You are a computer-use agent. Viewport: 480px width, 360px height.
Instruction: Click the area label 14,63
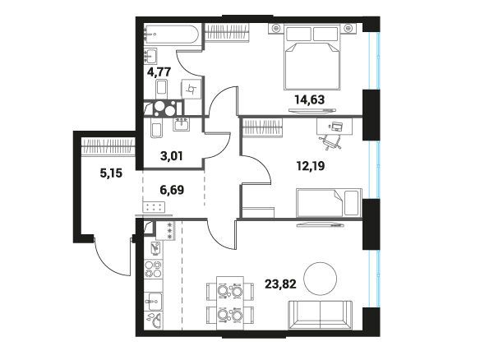coord(310,99)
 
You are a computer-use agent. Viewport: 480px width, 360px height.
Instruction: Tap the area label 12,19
coord(311,166)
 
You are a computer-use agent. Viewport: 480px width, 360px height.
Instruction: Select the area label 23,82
coord(280,284)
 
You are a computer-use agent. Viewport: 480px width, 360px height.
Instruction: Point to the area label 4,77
coord(159,72)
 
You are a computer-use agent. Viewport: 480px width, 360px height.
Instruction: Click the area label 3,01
coord(172,156)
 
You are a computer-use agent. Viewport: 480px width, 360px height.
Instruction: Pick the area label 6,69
coord(172,190)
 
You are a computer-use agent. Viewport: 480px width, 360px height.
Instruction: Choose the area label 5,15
coord(111,173)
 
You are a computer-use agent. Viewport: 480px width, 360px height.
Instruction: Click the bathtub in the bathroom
coord(172,35)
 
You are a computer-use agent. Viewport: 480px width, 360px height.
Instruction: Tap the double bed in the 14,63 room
coord(312,57)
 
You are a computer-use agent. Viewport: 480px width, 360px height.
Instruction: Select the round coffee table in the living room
coord(321,279)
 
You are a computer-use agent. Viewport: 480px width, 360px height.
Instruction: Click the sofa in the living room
coord(321,315)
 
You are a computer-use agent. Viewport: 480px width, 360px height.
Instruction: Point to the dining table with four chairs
coord(230,303)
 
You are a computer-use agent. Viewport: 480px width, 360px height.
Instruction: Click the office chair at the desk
coord(330,141)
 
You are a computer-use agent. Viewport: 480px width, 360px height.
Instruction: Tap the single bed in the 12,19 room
coord(329,203)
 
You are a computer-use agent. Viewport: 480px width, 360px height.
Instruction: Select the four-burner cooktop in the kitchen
coord(153,270)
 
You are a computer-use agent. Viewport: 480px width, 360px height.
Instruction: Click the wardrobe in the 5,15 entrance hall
coord(108,146)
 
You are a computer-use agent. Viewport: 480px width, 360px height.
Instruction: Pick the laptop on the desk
coord(336,126)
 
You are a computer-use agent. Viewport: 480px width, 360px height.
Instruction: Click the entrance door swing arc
coord(112,259)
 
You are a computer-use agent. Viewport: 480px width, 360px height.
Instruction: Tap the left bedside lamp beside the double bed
coord(276,29)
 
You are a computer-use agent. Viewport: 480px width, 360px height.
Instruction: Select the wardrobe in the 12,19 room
coord(263,127)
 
